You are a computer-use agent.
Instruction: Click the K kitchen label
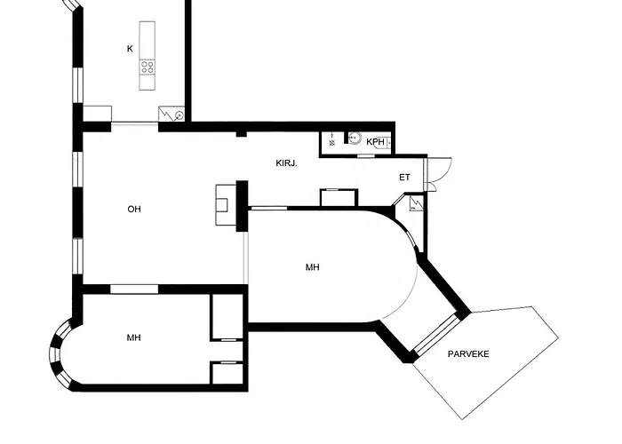pos(130,49)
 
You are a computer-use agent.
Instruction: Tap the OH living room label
pos(134,209)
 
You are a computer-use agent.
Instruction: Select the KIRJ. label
pos(286,163)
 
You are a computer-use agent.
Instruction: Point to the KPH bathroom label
pos(375,142)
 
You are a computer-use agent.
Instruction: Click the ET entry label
pos(404,178)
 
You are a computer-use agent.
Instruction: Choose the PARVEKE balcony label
pos(468,354)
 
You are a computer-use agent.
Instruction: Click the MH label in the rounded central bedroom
pos(313,267)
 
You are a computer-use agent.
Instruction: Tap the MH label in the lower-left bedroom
pos(133,337)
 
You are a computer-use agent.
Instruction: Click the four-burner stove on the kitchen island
pos(148,67)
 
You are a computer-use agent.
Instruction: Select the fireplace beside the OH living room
pos(222,205)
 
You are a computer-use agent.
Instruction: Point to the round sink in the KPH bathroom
pos(355,138)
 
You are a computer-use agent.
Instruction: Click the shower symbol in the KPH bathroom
pos(332,140)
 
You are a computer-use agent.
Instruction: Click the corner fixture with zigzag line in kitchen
pos(171,115)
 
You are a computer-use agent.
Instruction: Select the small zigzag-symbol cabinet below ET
pos(416,203)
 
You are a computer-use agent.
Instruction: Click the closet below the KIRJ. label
pos(339,197)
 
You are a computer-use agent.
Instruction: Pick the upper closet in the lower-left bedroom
pos(227,317)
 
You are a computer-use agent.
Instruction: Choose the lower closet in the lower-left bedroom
pos(227,373)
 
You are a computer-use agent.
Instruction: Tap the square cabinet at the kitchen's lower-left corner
pos(97,115)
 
